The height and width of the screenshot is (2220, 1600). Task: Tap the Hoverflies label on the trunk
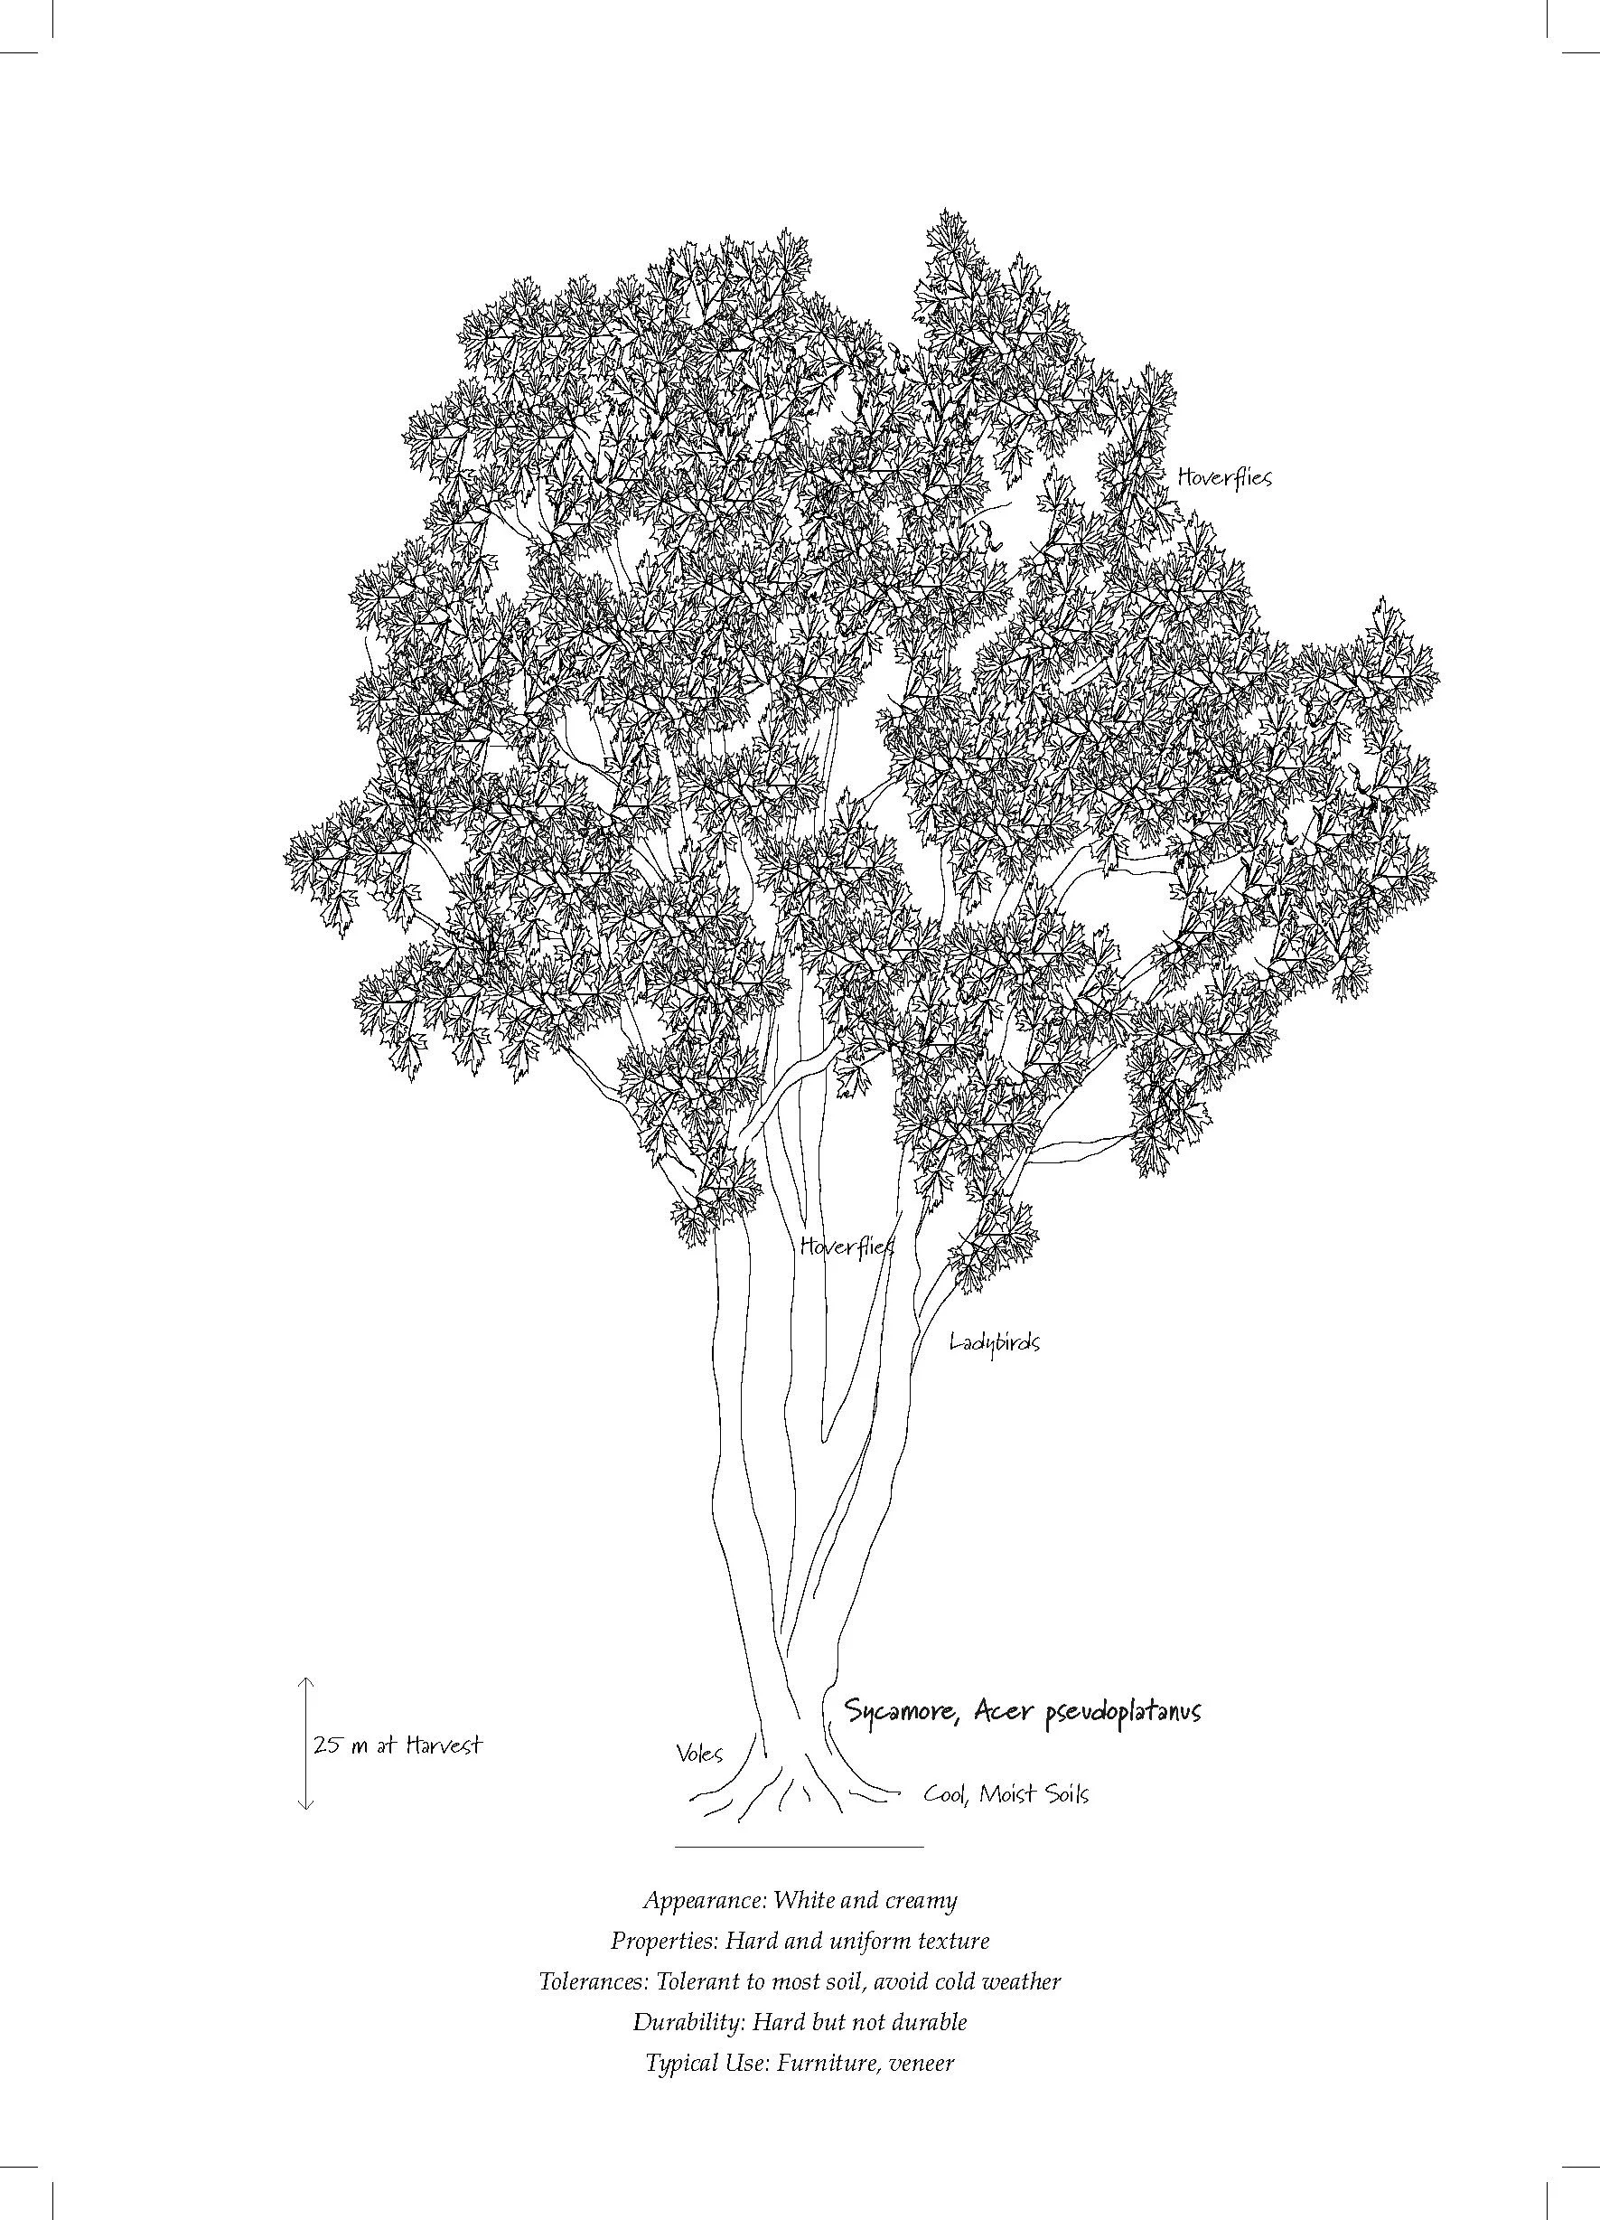[846, 1246]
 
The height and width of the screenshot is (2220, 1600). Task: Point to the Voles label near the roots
[698, 1753]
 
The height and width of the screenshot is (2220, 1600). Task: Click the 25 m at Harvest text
[398, 1745]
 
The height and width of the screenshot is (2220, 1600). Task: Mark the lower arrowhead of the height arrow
[305, 1806]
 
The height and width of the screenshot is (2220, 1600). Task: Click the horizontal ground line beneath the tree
[799, 1847]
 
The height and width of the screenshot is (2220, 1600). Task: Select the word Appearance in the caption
[704, 1901]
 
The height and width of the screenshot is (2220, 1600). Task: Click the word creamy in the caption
[921, 1901]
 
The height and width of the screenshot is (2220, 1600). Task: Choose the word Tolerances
[593, 1982]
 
